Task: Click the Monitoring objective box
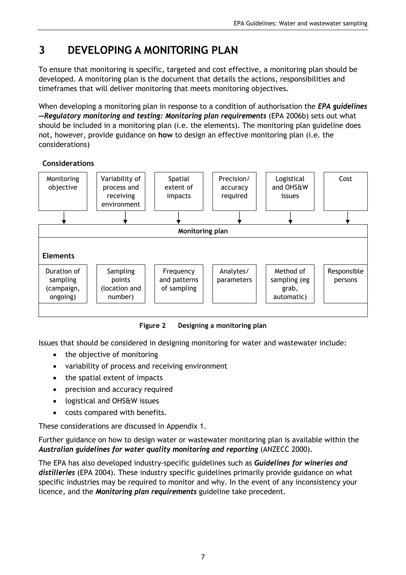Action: tap(63, 191)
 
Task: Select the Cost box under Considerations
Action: tap(346, 191)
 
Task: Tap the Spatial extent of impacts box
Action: tap(179, 191)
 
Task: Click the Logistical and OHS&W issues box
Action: tap(290, 191)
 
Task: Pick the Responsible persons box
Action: tap(346, 284)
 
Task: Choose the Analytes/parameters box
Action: tap(234, 284)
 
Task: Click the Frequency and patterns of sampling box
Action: tap(179, 284)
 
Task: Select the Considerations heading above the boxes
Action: tap(68, 163)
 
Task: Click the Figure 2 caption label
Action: tap(152, 326)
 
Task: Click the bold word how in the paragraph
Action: tap(165, 135)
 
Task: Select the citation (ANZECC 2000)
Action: tap(286, 449)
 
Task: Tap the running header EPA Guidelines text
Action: tap(300, 23)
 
